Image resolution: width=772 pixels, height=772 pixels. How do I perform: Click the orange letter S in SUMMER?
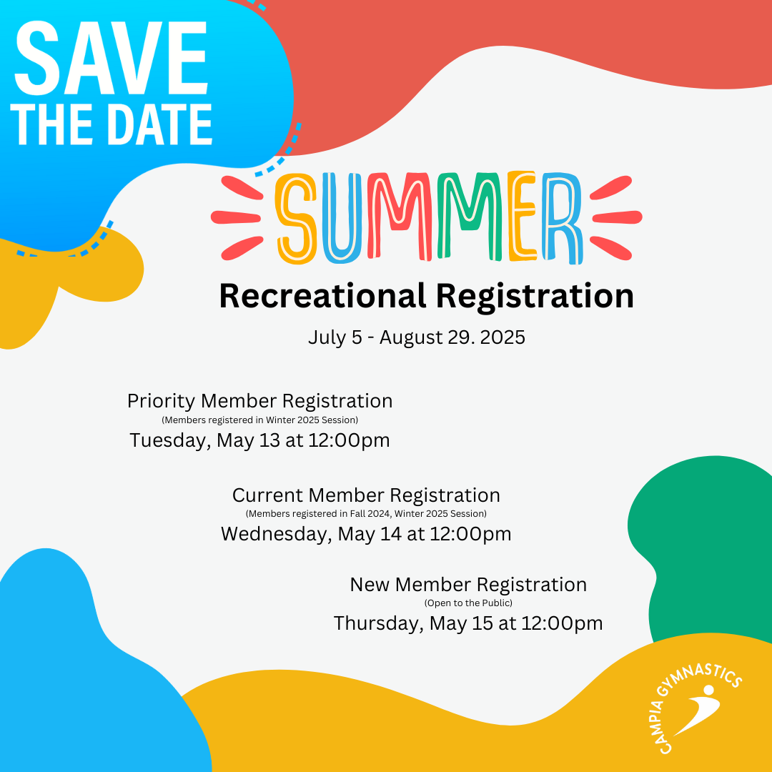tap(296, 217)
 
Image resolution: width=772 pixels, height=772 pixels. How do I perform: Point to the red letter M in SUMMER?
tap(400, 217)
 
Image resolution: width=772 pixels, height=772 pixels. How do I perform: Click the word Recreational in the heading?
tap(322, 297)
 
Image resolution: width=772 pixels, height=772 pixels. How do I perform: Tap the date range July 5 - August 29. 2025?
tap(417, 337)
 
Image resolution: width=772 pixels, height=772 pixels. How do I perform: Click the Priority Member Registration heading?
tap(260, 401)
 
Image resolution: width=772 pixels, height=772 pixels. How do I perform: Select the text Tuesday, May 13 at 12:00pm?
tap(259, 440)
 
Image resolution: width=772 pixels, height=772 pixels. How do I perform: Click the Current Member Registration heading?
tap(366, 495)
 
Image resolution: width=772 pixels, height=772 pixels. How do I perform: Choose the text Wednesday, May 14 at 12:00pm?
tap(366, 534)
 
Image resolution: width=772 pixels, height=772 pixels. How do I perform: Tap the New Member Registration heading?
tap(468, 585)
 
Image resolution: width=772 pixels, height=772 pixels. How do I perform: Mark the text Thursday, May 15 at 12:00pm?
tap(468, 623)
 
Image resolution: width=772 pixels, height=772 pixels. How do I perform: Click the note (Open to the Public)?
tap(468, 603)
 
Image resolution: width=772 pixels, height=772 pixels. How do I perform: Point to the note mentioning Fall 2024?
tap(366, 514)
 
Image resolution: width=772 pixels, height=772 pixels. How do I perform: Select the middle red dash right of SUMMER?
tap(618, 217)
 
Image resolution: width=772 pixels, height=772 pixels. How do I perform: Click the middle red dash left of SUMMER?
tap(236, 217)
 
